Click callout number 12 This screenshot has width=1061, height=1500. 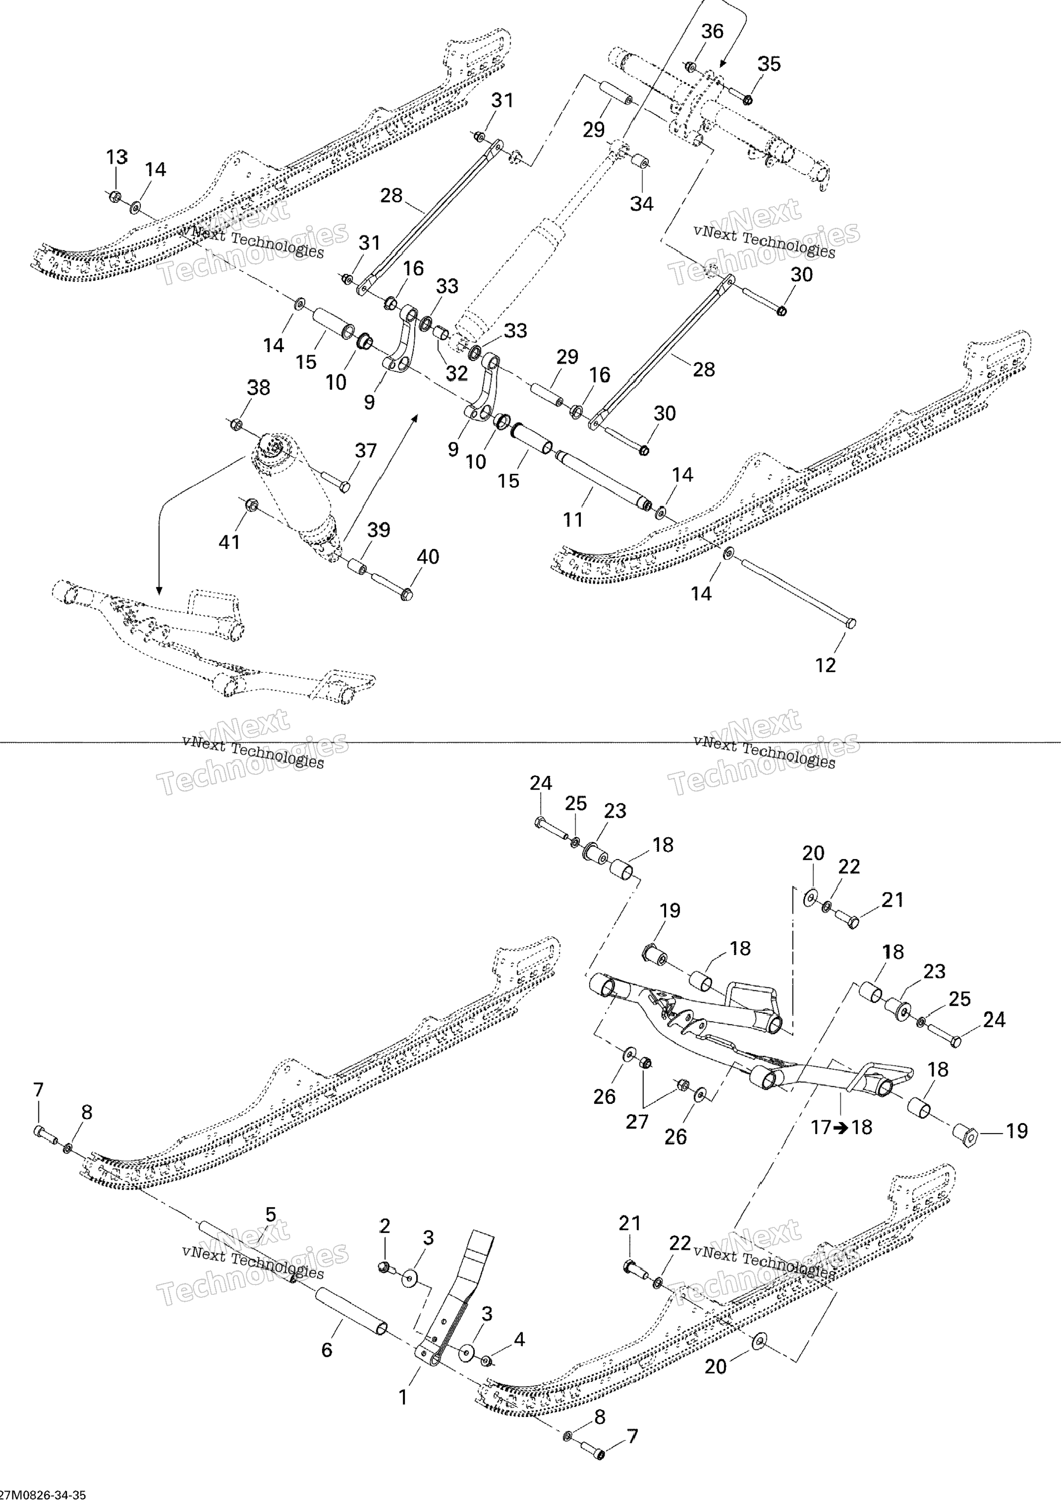pos(826,665)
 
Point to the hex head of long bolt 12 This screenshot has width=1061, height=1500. pos(850,623)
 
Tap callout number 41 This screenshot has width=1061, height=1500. pos(229,542)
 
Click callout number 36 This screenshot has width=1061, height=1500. pos(712,31)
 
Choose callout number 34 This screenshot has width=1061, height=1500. pos(641,204)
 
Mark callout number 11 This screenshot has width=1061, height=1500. pos(573,520)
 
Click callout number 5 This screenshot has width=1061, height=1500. pos(271,1215)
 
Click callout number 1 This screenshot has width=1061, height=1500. pos(403,1398)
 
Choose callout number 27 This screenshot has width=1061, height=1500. pos(637,1122)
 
